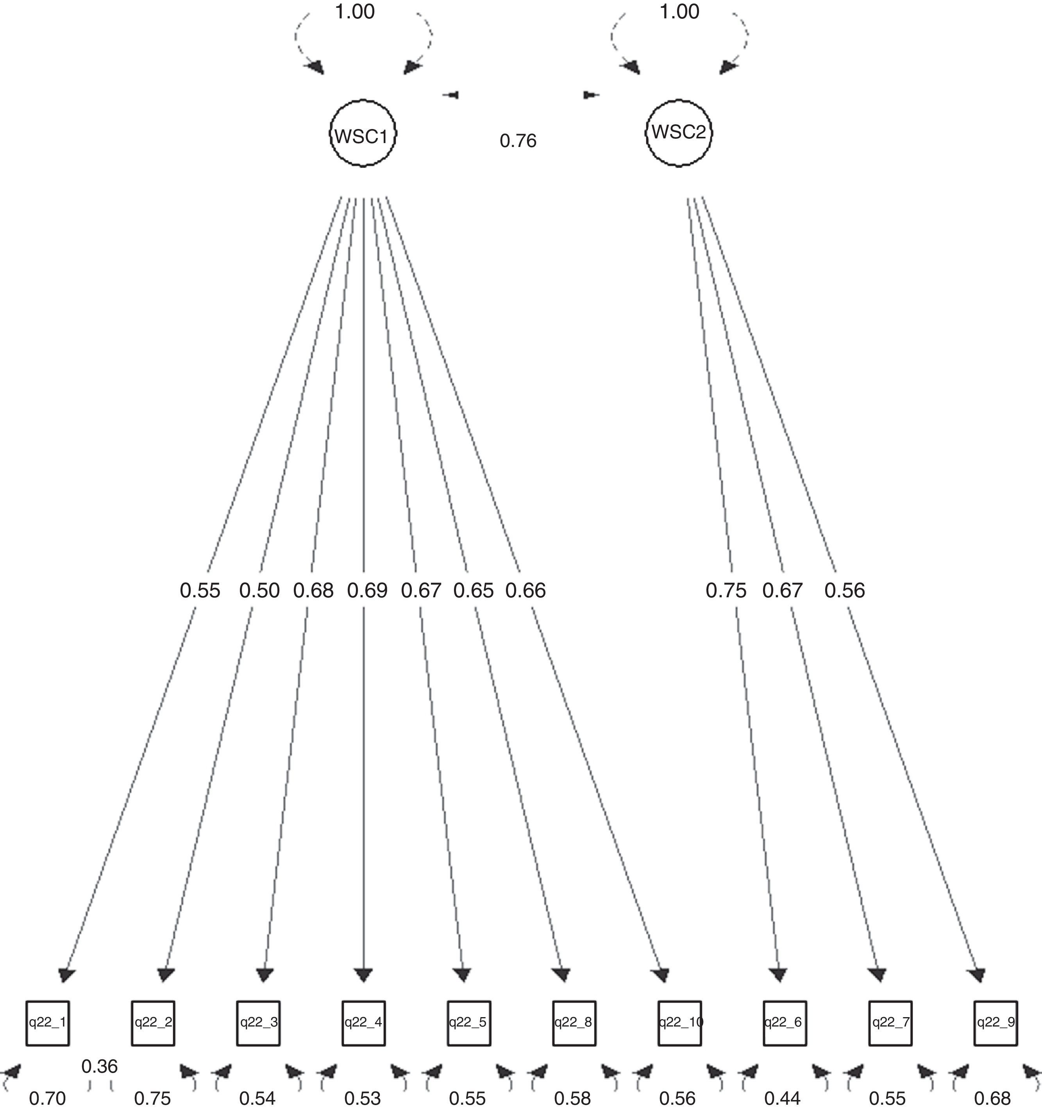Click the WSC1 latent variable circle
363,133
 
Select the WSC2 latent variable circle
679,133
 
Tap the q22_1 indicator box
47,1023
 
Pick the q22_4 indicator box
363,1023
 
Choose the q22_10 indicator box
679,1023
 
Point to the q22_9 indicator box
996,1023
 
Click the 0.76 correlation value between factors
518,141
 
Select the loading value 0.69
367,590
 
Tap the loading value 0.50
259,590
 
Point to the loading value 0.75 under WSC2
726,590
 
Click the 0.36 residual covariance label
100,1066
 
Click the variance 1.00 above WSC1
355,12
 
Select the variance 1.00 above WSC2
679,12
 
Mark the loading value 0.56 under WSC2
845,590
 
